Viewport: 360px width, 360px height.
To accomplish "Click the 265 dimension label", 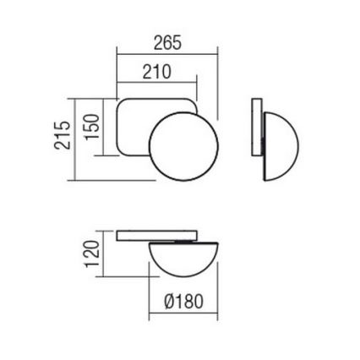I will pyautogui.click(x=167, y=43).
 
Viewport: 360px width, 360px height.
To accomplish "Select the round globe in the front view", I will pyautogui.click(x=183, y=145).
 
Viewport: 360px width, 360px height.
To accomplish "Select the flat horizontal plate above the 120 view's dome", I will pyautogui.click(x=157, y=234).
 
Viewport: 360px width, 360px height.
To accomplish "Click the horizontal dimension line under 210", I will pyautogui.click(x=156, y=83).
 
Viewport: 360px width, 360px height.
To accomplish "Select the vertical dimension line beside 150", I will pyautogui.click(x=105, y=127).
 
